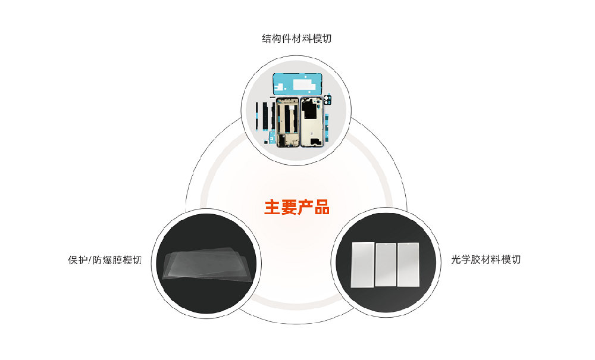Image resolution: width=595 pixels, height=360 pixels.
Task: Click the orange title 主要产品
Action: (x=296, y=207)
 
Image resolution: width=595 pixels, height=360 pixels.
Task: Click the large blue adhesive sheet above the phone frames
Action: (x=297, y=84)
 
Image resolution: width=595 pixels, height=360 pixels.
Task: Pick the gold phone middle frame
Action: (x=287, y=121)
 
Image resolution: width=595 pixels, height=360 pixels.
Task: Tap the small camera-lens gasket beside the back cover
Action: (x=327, y=101)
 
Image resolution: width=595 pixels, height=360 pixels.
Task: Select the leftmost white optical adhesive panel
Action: (x=362, y=265)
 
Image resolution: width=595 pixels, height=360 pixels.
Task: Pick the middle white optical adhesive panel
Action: (x=386, y=265)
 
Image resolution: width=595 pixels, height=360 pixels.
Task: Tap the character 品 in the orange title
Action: (x=321, y=207)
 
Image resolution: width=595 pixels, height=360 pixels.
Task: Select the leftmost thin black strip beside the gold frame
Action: (x=258, y=116)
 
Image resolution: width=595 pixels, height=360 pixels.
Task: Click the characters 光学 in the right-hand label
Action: (x=461, y=260)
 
